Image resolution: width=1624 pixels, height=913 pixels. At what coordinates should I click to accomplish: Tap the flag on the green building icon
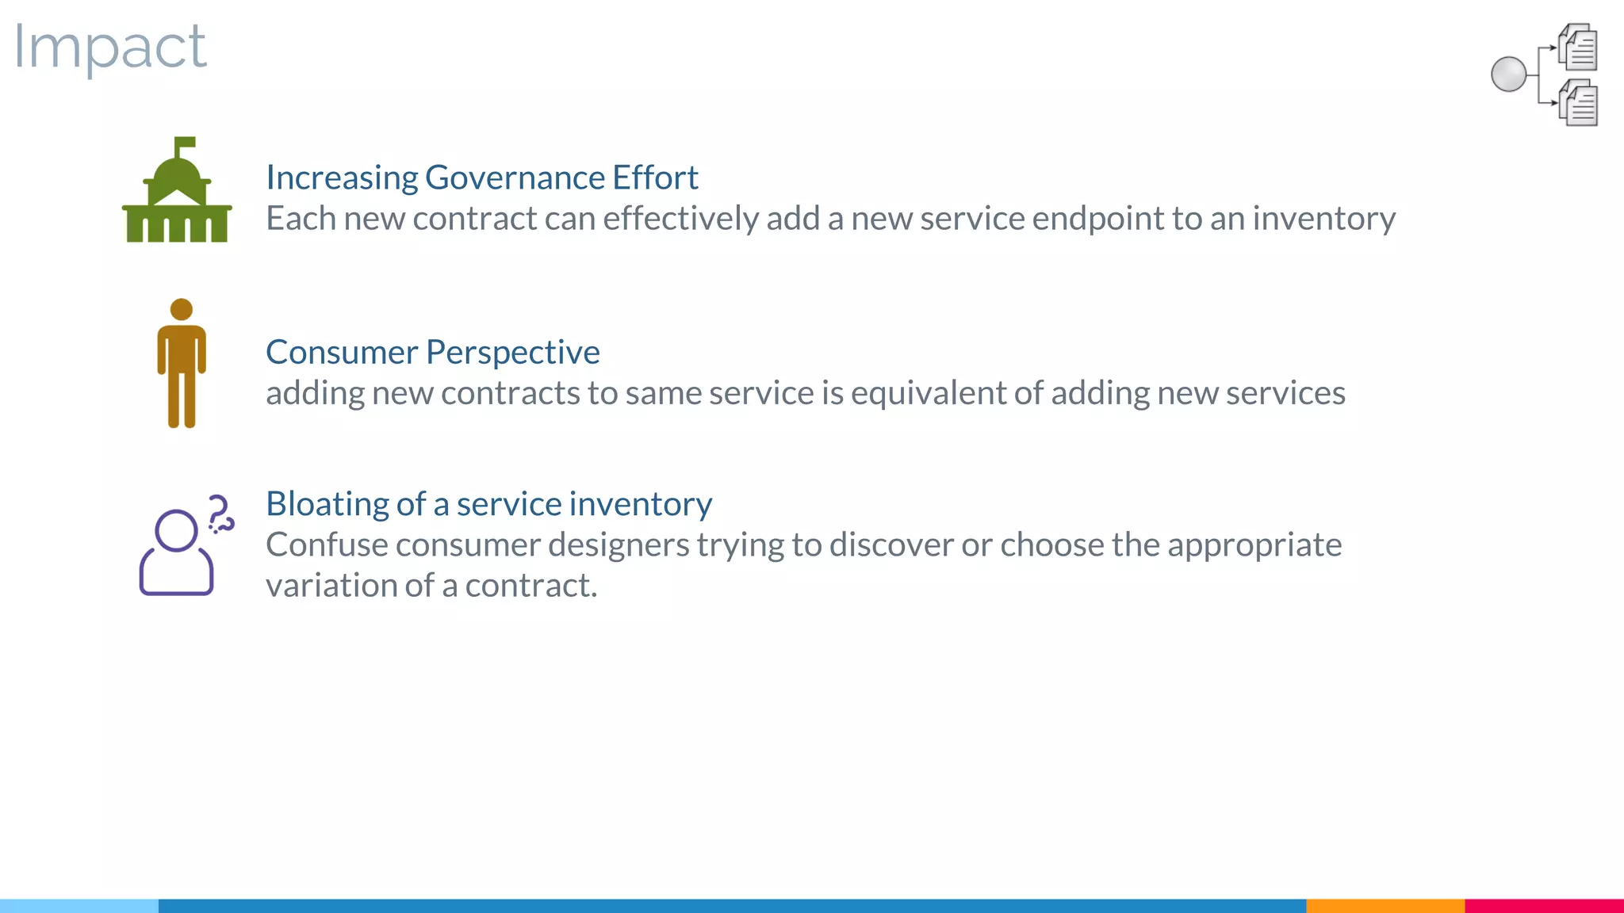pos(186,143)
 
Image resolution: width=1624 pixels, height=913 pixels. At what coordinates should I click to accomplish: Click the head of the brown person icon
pos(182,309)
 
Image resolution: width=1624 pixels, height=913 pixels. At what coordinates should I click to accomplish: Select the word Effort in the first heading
pos(655,178)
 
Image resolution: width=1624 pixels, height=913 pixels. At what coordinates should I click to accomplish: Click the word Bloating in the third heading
pos(327,505)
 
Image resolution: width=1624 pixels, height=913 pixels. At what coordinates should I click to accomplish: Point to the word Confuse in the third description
pos(326,545)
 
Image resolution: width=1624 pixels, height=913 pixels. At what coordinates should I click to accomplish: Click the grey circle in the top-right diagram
pos(1508,74)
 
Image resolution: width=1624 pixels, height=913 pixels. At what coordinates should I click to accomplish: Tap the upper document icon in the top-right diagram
pos(1578,47)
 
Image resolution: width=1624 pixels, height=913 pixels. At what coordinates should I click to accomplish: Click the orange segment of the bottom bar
pos(1385,905)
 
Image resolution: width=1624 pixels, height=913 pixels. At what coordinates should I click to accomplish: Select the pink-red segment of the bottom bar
pos(1544,905)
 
